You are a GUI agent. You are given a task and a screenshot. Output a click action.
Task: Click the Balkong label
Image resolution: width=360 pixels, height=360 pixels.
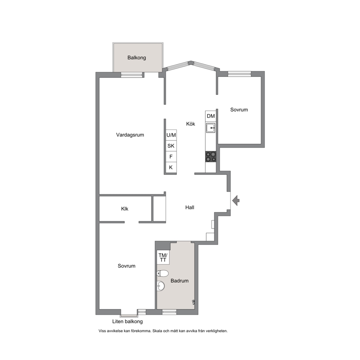click(136, 58)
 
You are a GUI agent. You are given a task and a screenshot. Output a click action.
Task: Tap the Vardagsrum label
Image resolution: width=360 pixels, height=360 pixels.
click(130, 135)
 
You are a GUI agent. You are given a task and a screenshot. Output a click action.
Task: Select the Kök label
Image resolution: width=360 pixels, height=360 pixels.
click(191, 124)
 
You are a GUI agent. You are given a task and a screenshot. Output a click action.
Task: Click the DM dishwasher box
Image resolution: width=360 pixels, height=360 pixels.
click(211, 116)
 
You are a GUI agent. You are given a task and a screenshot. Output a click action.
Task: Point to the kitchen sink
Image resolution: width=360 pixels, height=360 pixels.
click(211, 128)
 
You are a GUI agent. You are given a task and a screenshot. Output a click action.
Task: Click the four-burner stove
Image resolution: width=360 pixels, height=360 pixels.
click(211, 157)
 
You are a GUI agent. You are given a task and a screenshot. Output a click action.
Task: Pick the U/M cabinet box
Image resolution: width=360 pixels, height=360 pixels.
click(171, 135)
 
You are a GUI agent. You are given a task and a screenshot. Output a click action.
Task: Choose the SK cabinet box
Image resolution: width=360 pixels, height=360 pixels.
click(171, 146)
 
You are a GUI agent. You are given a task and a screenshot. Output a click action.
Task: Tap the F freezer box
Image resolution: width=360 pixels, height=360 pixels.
click(171, 156)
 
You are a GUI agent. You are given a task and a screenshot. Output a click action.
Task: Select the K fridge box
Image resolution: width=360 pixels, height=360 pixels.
click(171, 167)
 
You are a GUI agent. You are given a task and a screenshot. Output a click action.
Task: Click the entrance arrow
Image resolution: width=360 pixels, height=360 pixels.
click(236, 201)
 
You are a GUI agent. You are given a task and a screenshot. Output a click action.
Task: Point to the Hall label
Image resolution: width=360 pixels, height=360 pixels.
click(190, 208)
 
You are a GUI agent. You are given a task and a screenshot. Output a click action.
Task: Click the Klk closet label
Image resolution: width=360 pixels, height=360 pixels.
click(125, 209)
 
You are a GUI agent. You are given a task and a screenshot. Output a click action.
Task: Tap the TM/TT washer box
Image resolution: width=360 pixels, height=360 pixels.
click(163, 258)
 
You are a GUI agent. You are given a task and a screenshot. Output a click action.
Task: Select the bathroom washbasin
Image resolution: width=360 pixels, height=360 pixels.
click(161, 286)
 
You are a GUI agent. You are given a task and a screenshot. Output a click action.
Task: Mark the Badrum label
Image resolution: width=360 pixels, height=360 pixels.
click(180, 281)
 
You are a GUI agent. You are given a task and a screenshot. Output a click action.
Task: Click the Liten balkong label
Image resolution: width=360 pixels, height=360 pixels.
click(127, 322)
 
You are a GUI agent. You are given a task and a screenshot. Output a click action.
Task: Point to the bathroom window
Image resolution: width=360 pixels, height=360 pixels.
click(169, 312)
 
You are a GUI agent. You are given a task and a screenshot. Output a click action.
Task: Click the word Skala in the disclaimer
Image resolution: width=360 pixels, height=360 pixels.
click(158, 331)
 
